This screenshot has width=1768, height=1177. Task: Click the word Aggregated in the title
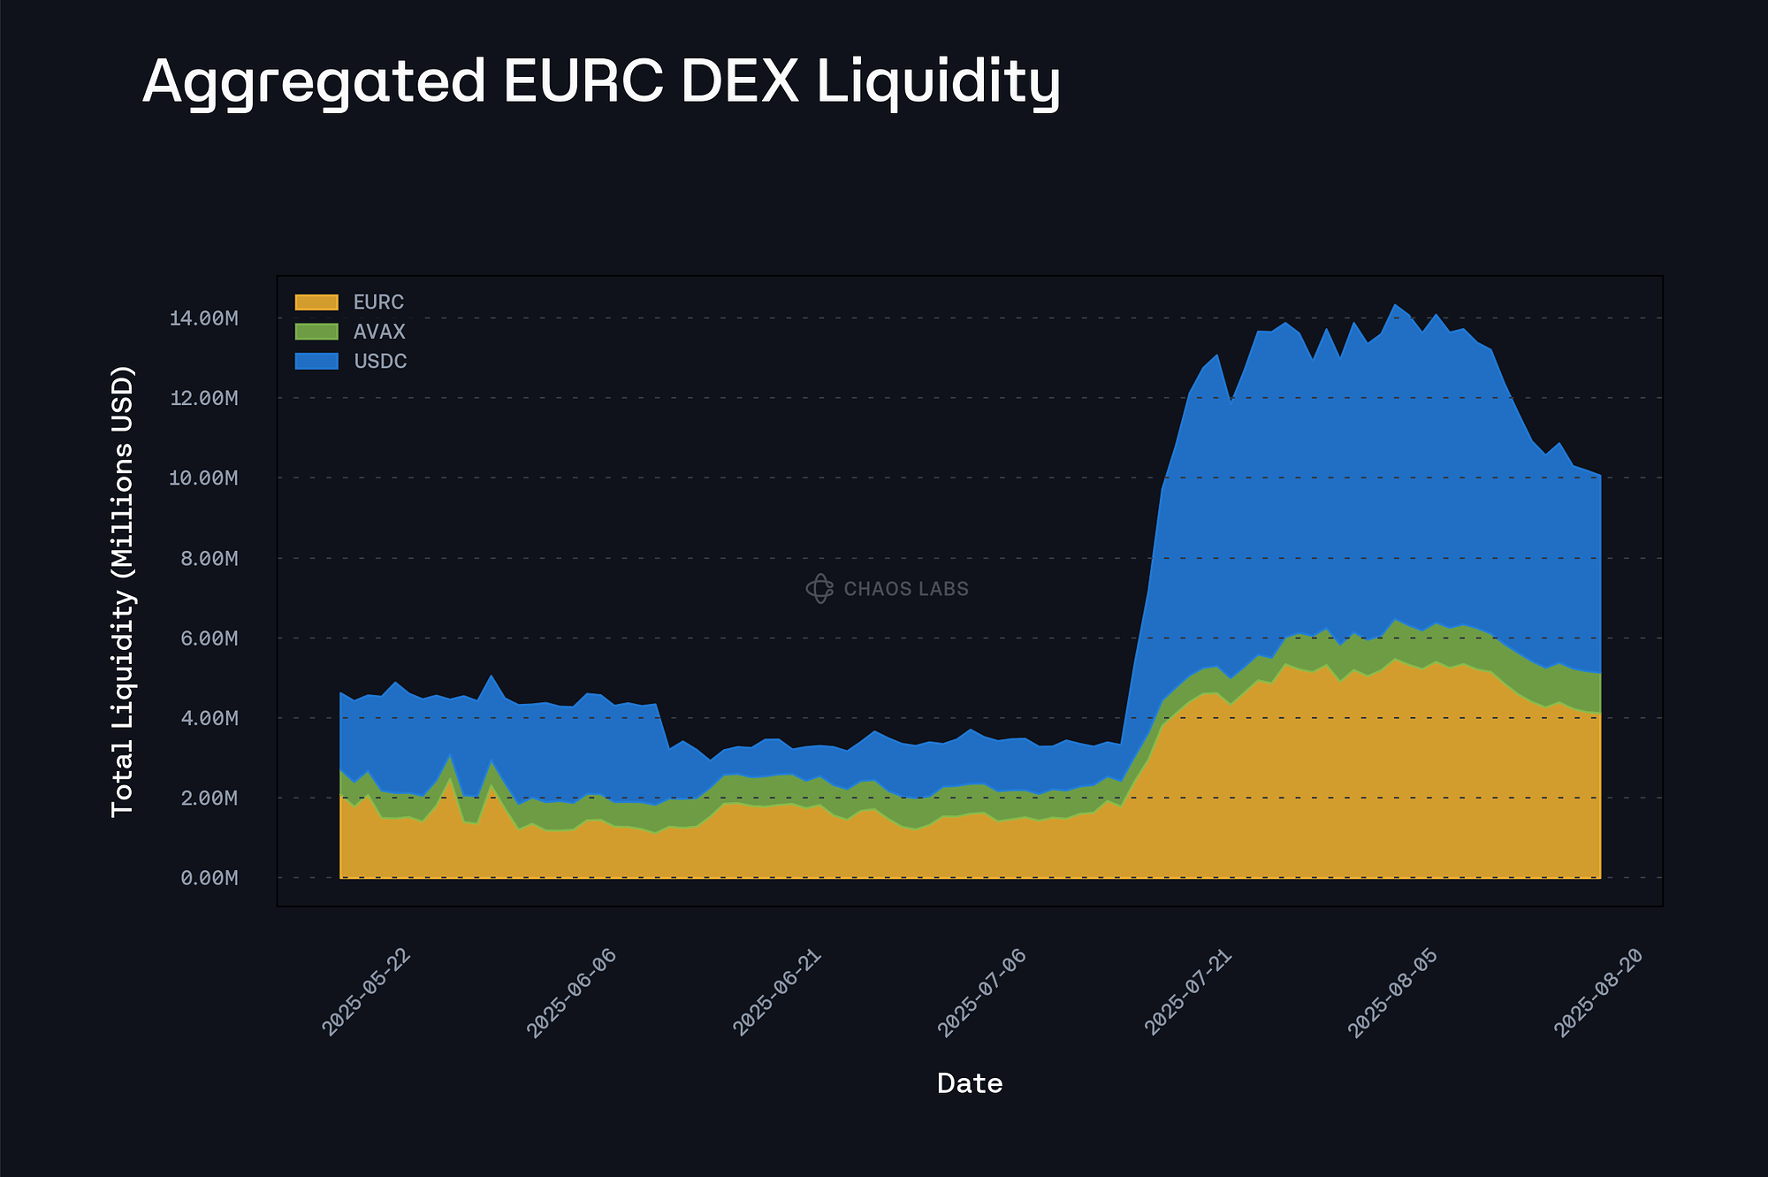(314, 82)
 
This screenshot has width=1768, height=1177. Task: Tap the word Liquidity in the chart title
(938, 82)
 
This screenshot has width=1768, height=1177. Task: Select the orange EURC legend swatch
(316, 302)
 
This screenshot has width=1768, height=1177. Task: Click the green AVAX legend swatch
(316, 332)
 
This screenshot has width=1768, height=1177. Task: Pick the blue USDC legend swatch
(316, 361)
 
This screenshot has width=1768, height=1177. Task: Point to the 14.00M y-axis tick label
(203, 318)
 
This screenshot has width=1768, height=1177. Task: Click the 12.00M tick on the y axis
(203, 398)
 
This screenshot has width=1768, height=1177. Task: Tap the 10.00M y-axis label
(203, 478)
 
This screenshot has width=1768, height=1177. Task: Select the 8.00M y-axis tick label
(209, 558)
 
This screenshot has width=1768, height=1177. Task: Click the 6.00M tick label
(209, 638)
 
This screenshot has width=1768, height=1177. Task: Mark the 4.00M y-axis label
(209, 718)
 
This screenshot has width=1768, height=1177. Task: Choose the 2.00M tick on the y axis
(209, 799)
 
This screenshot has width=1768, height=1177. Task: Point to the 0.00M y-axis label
(209, 878)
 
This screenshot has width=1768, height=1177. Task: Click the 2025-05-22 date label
(367, 992)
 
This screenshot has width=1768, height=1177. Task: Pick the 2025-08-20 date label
(1598, 992)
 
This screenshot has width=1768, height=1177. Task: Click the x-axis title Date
(970, 1083)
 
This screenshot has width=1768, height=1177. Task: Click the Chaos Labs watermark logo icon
(819, 589)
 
